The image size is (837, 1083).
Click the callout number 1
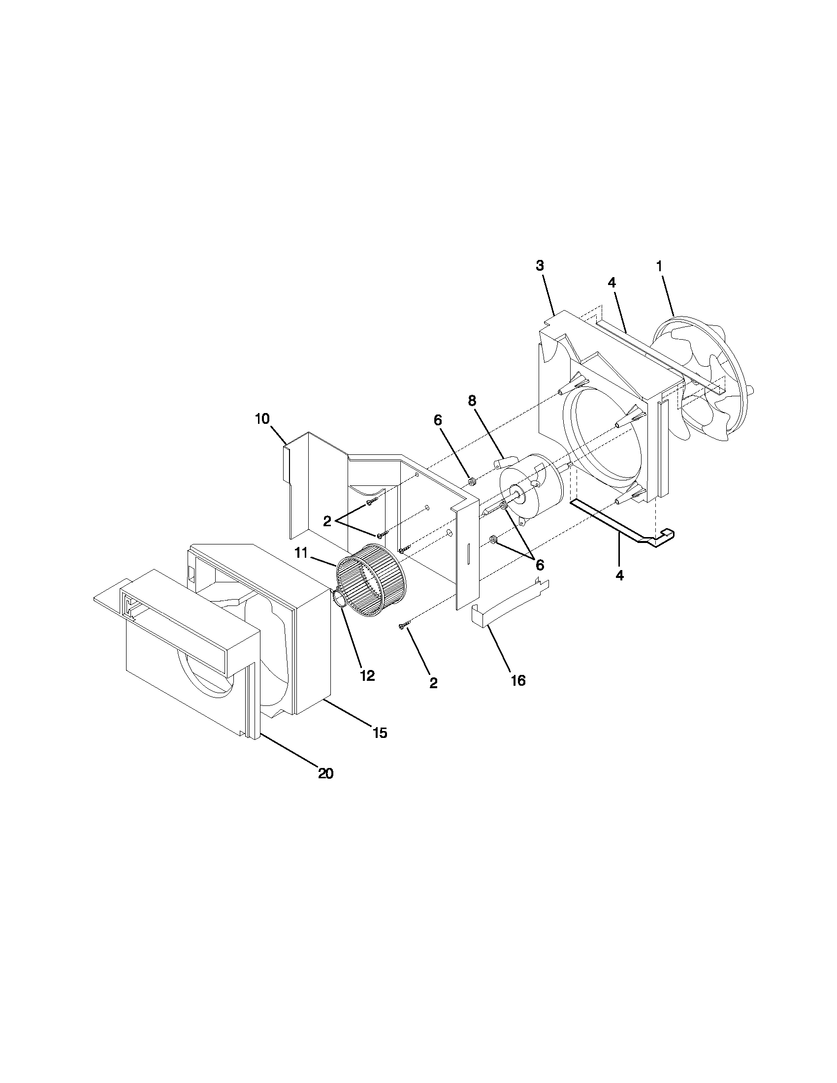click(659, 266)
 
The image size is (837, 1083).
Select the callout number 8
click(472, 401)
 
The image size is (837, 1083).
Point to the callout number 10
click(262, 418)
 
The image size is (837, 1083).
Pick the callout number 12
click(367, 675)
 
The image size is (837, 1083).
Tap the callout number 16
click(517, 681)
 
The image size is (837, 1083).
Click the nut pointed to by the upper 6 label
click(472, 480)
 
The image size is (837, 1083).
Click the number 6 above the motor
click(437, 420)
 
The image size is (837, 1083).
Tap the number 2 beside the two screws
click(327, 521)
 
